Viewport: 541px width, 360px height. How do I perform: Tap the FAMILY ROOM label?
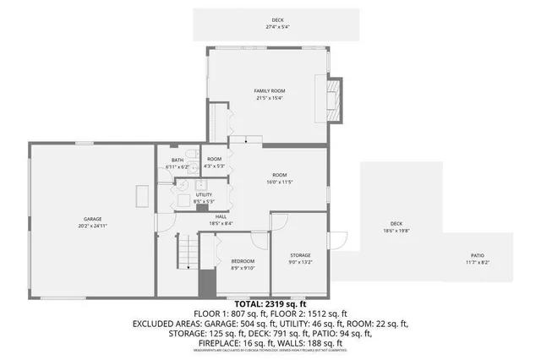click(270, 90)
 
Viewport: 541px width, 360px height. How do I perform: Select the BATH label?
click(178, 161)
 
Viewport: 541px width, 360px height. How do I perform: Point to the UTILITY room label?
click(204, 194)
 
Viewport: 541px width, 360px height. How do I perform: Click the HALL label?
click(221, 216)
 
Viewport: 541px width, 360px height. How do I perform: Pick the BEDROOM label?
click(243, 262)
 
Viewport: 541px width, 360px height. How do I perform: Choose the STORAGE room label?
click(300, 255)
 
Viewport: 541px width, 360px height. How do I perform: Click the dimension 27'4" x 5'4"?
click(277, 27)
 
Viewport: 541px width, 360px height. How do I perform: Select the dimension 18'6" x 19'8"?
click(396, 230)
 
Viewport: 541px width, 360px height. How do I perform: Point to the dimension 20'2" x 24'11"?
click(92, 226)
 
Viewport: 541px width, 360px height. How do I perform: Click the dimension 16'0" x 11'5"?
click(280, 182)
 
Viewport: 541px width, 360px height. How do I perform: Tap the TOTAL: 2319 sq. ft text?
click(270, 303)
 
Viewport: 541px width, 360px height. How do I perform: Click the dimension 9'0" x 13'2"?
click(300, 262)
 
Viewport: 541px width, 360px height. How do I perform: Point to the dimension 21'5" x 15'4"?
click(270, 98)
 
